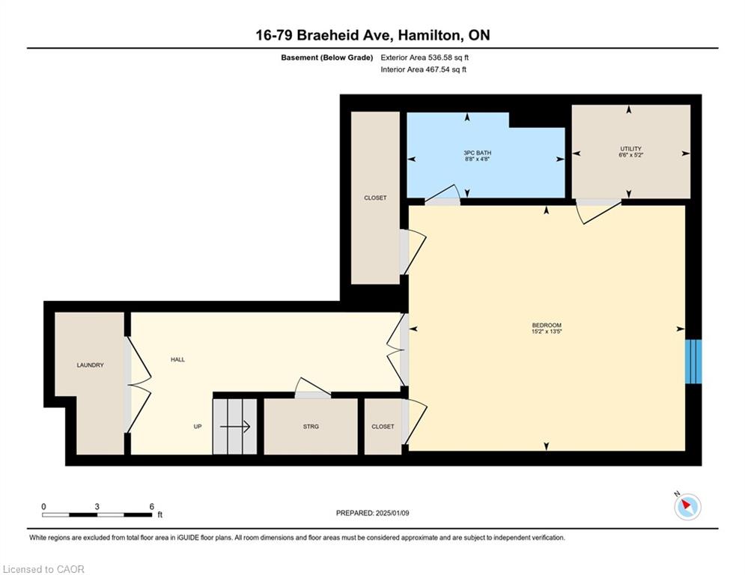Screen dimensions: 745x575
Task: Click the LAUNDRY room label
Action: click(91, 365)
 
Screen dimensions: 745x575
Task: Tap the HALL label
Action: click(177, 359)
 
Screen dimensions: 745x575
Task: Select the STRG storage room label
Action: click(311, 427)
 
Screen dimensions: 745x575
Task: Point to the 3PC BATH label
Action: click(478, 153)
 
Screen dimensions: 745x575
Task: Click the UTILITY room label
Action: click(631, 149)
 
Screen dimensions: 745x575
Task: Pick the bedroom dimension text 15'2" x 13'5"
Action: click(547, 332)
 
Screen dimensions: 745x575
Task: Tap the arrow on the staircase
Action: click(235, 426)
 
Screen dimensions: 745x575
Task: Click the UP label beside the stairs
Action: click(198, 427)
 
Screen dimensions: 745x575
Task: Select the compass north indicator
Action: click(687, 506)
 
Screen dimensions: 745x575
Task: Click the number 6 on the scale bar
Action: click(151, 507)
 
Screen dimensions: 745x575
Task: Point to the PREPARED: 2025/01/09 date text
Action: click(373, 513)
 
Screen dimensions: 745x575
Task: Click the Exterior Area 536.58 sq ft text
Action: click(425, 58)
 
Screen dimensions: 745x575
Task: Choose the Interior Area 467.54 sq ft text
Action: click(423, 70)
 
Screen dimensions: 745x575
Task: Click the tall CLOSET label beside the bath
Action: click(375, 198)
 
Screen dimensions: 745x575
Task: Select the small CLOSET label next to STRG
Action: click(383, 427)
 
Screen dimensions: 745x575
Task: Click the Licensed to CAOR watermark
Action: click(43, 569)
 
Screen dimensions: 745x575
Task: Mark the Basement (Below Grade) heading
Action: click(327, 58)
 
